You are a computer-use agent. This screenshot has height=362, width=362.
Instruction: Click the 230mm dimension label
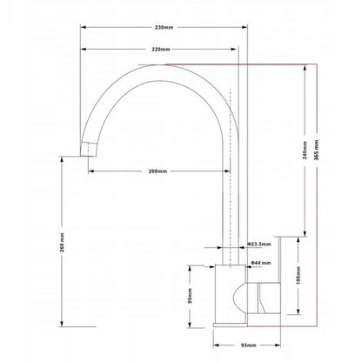pos(164,28)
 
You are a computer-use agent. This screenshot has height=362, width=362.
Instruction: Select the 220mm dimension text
pos(161,50)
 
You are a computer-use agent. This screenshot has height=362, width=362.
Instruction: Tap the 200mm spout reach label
pos(158,171)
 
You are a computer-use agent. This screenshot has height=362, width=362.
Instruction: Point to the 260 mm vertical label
pos(62,242)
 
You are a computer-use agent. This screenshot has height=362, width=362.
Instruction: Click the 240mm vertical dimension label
pos(305,151)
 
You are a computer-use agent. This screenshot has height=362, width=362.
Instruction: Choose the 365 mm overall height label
pos(317,151)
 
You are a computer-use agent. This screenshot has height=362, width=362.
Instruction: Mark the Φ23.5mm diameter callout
pos(259,245)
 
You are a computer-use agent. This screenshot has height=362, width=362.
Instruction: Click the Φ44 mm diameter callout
pos(260,263)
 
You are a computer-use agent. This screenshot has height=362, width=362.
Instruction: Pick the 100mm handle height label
pos(298,276)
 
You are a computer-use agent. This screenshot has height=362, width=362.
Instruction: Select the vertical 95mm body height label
pos(190,296)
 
